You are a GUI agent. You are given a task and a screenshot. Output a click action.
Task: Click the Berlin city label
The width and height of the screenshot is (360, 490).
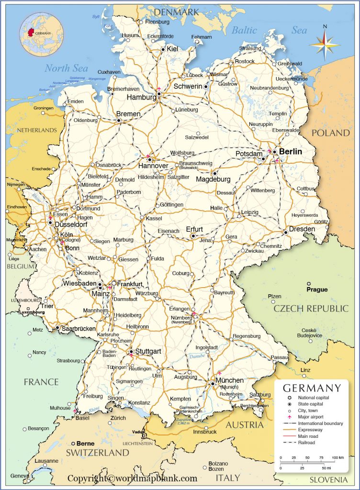pos(291,151)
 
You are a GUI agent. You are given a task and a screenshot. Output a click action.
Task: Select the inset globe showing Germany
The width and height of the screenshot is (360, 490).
pos(41,33)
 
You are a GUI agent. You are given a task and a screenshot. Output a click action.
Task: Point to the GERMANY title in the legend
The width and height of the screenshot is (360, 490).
pos(312,388)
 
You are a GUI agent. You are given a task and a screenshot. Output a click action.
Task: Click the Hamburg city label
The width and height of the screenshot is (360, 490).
pos(141,97)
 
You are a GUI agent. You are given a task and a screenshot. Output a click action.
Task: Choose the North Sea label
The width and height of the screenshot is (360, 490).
pos(67,68)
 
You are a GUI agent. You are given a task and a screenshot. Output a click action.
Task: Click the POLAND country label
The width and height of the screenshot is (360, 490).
pos(331,133)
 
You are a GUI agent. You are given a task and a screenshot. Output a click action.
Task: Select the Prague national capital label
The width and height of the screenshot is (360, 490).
pos(317,290)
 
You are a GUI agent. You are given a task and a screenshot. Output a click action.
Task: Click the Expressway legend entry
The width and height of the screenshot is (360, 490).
pos(312,430)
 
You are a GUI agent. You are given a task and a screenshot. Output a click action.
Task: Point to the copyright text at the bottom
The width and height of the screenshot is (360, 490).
pos(132,478)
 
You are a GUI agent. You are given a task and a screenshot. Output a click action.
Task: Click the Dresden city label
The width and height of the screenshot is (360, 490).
pos(302,229)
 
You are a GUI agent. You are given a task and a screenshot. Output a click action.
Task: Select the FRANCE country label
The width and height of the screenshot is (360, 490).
pos(41,382)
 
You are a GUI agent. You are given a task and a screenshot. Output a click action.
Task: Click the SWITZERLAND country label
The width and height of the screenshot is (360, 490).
pos(98,452)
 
